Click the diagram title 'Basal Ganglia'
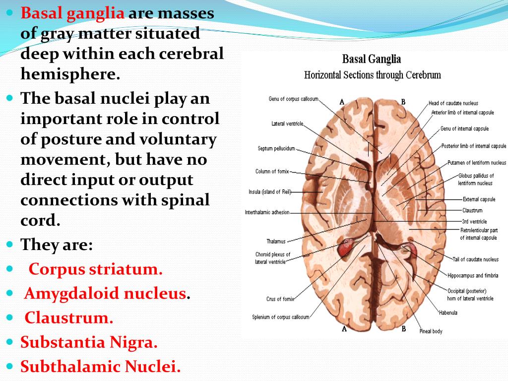(x=372, y=60)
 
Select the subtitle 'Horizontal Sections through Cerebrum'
(x=372, y=75)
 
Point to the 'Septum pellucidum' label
(x=276, y=148)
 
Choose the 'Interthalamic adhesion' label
(x=267, y=212)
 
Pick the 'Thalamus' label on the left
(x=276, y=242)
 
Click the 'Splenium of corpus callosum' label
(x=280, y=317)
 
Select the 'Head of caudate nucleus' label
(x=453, y=103)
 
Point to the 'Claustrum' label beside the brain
(x=472, y=211)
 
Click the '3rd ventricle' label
(x=474, y=222)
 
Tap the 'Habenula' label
(x=448, y=313)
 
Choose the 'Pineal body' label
(x=431, y=331)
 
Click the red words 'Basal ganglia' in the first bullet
(x=72, y=13)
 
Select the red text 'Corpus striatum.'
(x=95, y=269)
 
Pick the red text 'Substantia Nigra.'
(x=89, y=342)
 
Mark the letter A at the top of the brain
(x=342, y=102)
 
